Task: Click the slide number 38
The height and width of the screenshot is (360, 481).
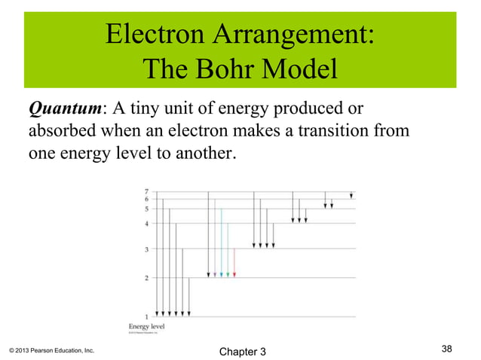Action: point(447,348)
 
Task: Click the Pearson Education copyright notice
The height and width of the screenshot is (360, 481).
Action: point(52,351)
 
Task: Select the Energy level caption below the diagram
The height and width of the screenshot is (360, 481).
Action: point(146,326)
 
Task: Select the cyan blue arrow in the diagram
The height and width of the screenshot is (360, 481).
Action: point(222,241)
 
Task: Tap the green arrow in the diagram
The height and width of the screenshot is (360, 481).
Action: point(228,249)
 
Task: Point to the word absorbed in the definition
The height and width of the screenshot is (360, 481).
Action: point(57,131)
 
